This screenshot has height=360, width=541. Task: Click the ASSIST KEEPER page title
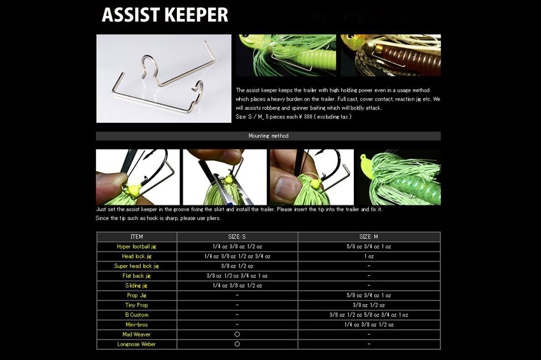(x=165, y=15)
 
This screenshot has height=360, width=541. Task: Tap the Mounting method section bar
(x=268, y=136)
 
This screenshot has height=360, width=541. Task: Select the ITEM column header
(x=136, y=237)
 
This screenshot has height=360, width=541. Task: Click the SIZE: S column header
(x=237, y=237)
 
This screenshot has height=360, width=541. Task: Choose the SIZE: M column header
(x=369, y=237)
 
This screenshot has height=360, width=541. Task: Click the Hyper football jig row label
(x=136, y=247)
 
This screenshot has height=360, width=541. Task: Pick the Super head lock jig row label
(x=136, y=266)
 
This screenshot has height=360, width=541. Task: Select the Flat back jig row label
(x=136, y=276)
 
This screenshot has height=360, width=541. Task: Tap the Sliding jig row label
(x=136, y=286)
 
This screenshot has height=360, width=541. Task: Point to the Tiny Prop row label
(x=136, y=305)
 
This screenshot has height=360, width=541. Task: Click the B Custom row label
(x=136, y=315)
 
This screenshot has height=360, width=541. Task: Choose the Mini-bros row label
(x=136, y=324)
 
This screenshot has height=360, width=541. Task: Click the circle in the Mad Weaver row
(x=237, y=334)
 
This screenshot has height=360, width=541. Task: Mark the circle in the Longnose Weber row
(x=237, y=344)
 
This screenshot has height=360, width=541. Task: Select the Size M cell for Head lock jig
(x=369, y=256)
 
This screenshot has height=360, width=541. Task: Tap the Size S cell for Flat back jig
(x=237, y=276)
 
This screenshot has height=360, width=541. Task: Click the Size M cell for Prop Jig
(x=369, y=295)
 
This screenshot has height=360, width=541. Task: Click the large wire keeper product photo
(x=164, y=78)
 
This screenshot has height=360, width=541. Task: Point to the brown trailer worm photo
(x=391, y=55)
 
